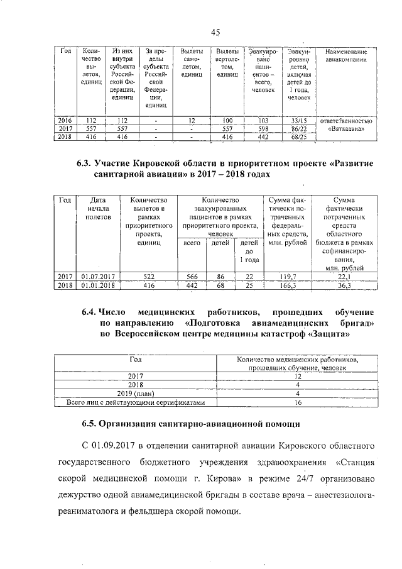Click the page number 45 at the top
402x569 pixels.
coord(215,33)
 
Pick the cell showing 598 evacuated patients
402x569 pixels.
coord(263,128)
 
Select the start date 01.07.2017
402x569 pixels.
coord(97,275)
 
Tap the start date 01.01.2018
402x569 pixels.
coord(97,285)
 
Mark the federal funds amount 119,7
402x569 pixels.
coord(286,275)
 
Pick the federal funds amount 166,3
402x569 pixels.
coord(286,285)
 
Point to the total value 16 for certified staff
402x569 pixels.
coord(298,402)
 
